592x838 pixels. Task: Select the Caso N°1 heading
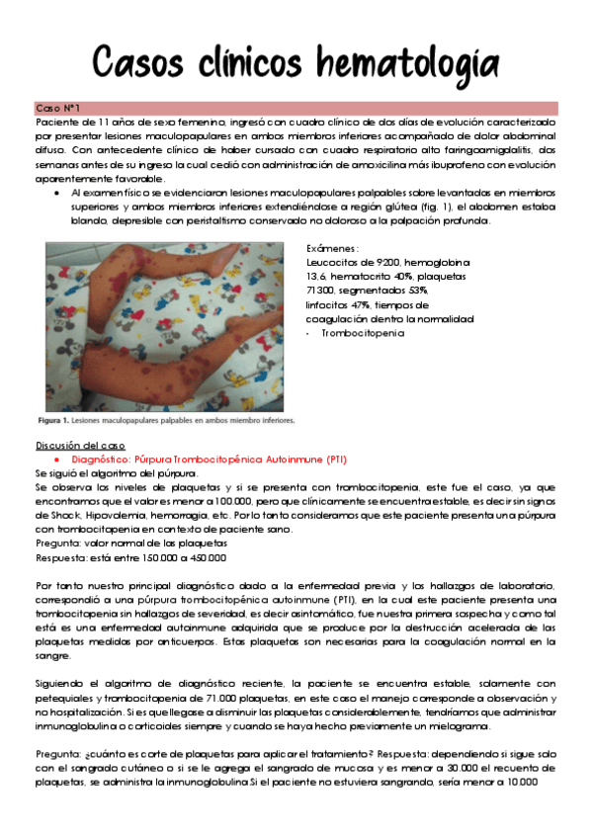[x=57, y=107]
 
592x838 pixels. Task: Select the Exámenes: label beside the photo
[x=334, y=248]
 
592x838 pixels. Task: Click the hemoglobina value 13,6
[x=323, y=277]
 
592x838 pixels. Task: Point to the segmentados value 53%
[x=414, y=292]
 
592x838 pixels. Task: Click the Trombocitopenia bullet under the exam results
[x=363, y=334]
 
